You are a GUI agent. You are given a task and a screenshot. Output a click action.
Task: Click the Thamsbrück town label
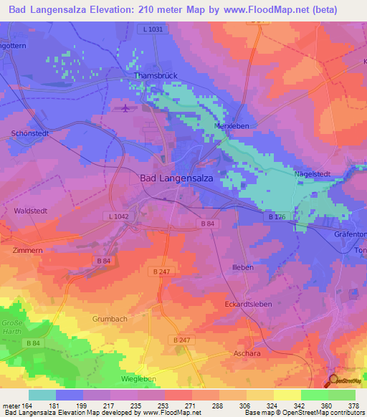[x=151, y=75]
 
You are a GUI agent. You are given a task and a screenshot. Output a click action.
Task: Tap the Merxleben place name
[x=232, y=125]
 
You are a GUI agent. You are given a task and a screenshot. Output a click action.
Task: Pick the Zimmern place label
[x=27, y=251]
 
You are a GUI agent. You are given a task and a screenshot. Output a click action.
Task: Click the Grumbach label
[x=110, y=317]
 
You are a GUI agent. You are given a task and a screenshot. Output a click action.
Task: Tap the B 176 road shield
[x=275, y=216]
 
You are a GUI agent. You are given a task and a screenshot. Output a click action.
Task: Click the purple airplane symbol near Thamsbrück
[x=127, y=108]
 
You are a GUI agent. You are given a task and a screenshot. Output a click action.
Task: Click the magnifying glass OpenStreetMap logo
[x=333, y=380]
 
